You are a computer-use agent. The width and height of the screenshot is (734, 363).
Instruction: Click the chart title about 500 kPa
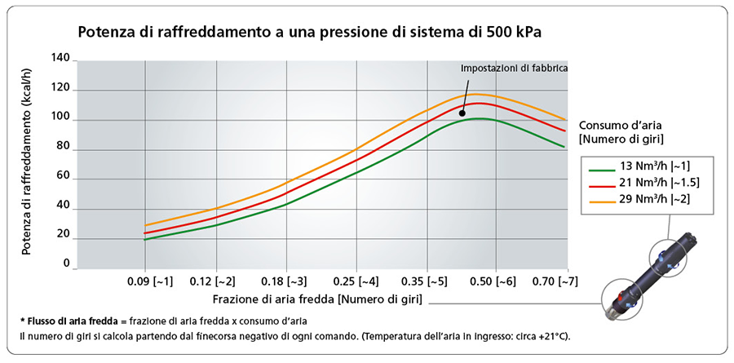pos(310,33)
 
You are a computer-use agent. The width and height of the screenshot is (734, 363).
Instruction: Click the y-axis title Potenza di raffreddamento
pos(27,163)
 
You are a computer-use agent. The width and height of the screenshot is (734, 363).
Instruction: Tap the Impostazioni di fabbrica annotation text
pos(514,68)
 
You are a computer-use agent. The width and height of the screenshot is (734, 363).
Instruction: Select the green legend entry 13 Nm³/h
pos(640,166)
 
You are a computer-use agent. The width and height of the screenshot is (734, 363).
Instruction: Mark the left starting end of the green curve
pos(145,240)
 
